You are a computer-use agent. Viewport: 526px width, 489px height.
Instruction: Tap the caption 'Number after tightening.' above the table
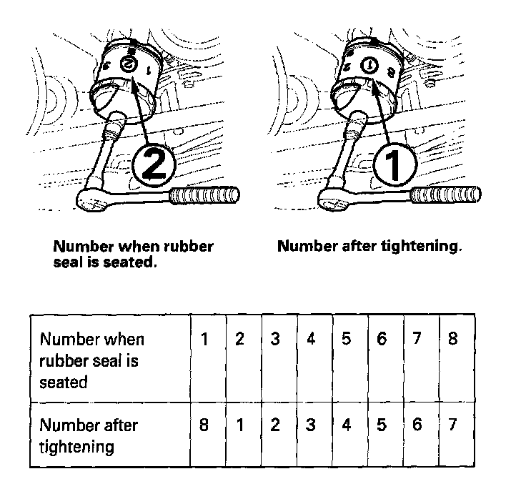[369, 247]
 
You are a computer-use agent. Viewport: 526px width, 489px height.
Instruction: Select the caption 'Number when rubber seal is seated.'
[134, 255]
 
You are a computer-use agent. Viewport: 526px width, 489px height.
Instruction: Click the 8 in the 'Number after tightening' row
[205, 425]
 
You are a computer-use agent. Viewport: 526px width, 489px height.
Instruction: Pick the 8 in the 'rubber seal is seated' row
[452, 338]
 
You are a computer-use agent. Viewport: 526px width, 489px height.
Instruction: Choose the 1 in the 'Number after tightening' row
[240, 425]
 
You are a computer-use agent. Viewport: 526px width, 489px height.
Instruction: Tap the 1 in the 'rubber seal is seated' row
[205, 338]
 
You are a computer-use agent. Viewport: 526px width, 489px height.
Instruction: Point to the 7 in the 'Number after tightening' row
[452, 425]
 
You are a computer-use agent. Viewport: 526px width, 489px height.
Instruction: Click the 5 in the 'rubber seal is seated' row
[346, 338]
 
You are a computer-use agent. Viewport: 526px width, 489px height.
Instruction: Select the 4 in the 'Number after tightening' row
[346, 425]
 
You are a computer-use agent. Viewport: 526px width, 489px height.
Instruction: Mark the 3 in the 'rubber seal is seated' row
[275, 338]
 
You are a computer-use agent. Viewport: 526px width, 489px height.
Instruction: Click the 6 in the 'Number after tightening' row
[417, 425]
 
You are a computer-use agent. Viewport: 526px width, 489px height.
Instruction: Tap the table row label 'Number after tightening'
[89, 435]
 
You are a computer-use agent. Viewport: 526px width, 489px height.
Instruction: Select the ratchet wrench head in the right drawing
[335, 203]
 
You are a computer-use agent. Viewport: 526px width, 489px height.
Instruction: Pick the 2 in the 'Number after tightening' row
[275, 425]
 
